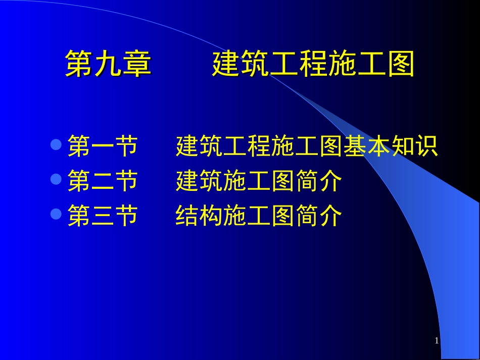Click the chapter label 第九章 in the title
click(109, 65)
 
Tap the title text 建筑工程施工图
click(313, 65)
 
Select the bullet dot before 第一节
click(56, 145)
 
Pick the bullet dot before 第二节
click(56, 179)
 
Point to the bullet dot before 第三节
click(56, 214)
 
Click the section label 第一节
click(103, 146)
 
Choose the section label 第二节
click(103, 181)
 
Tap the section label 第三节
click(103, 216)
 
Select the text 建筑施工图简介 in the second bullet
click(259, 181)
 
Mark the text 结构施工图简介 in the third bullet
click(259, 216)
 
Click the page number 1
click(437, 341)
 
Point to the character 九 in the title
click(109, 65)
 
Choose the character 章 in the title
click(137, 65)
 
